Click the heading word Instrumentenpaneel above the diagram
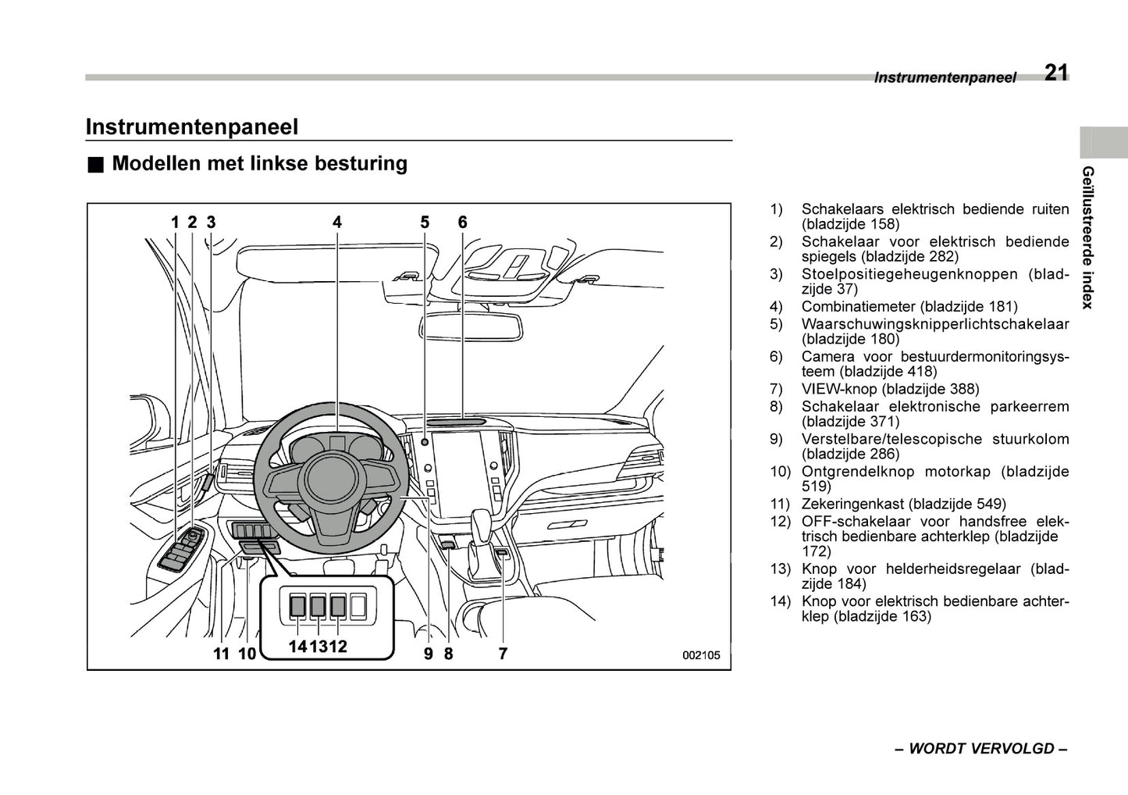[191, 127]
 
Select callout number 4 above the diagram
[337, 223]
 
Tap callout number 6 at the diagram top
[462, 223]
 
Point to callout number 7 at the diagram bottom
[503, 654]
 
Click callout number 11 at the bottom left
[222, 654]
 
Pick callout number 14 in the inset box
[297, 646]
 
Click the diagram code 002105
[701, 655]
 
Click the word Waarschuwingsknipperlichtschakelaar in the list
[934, 323]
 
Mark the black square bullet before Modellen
[94, 165]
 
